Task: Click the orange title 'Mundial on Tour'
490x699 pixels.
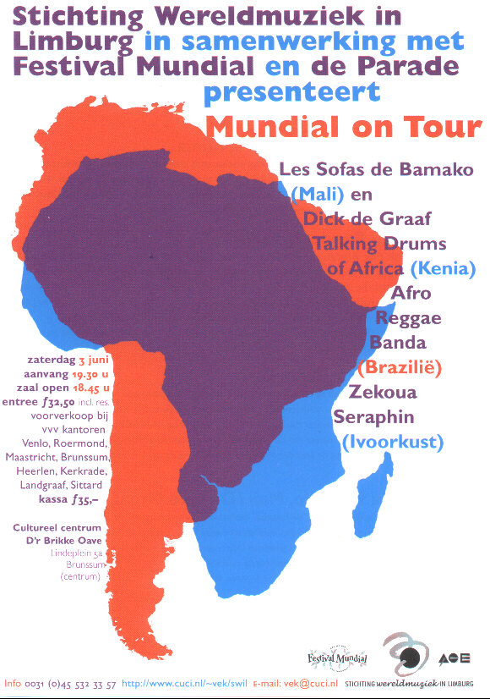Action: (x=342, y=127)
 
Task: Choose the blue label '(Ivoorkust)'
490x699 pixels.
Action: (x=392, y=441)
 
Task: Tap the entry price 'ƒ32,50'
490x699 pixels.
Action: (x=62, y=402)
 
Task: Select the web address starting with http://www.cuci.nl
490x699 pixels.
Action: (x=183, y=683)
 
